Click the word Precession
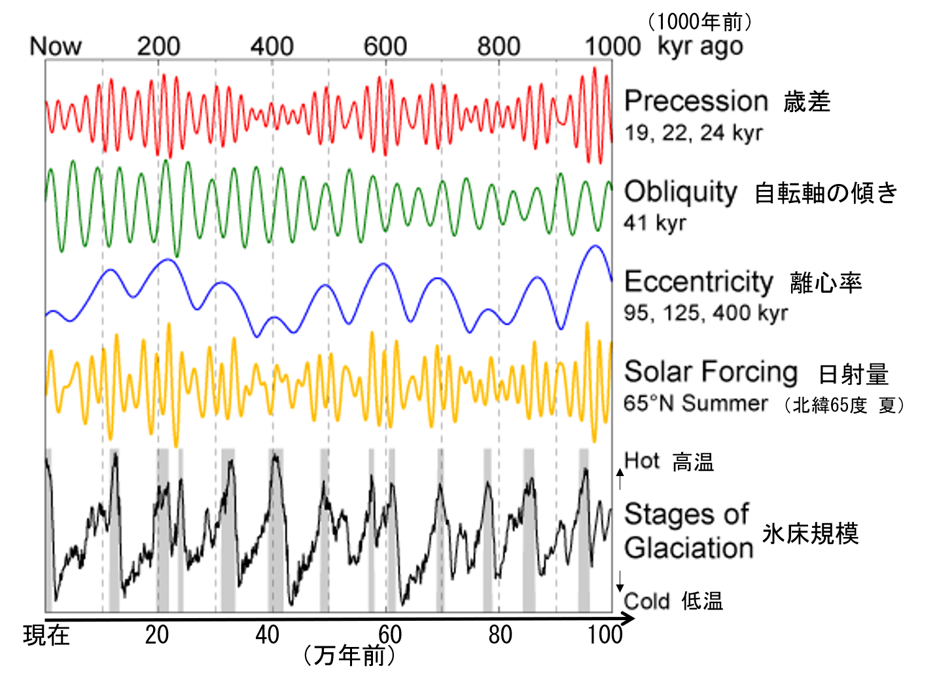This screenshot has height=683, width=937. click(696, 101)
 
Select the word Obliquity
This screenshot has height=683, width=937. click(681, 191)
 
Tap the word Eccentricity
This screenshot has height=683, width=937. click(699, 282)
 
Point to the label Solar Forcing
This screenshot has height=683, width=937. click(711, 371)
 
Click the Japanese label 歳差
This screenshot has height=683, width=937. click(807, 102)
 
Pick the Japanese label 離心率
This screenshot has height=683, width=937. click(826, 283)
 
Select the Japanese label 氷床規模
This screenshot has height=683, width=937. click(810, 534)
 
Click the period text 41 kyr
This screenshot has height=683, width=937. click(655, 223)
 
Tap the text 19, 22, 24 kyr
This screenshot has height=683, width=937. click(693, 133)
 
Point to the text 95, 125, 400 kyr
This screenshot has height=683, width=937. click(705, 313)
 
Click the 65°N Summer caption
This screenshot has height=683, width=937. click(696, 403)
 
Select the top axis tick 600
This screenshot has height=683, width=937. click(385, 46)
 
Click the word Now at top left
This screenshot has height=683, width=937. click(56, 46)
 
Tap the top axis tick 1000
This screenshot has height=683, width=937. click(612, 46)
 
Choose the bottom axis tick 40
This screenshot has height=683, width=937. click(267, 635)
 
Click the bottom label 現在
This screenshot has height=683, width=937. click(46, 635)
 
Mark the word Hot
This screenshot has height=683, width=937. click(642, 461)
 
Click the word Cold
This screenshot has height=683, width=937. click(646, 601)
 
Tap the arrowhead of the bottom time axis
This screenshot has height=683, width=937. click(629, 619)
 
